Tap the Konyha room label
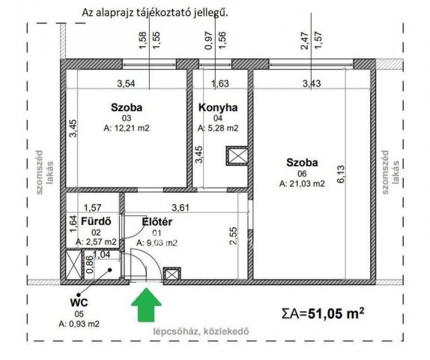pos(217,108)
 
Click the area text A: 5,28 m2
pos(218,128)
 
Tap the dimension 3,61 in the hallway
pos(181,208)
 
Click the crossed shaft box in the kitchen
pos(237,156)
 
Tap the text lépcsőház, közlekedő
pos(211,331)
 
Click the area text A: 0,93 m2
pos(79,324)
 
